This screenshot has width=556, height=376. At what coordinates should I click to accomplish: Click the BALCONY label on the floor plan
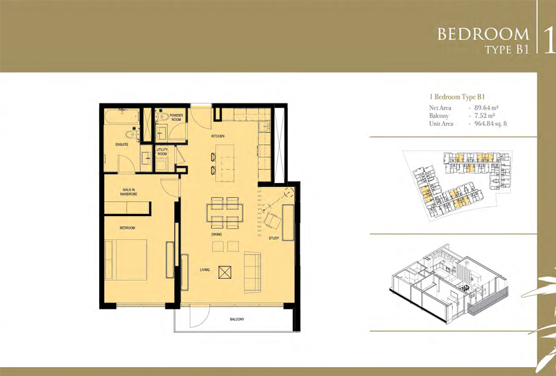coord(237,320)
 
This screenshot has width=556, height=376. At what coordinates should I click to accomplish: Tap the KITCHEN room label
coord(218,136)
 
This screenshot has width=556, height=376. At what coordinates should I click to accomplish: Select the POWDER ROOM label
coord(176,117)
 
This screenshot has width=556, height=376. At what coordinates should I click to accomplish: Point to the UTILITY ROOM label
coord(162,152)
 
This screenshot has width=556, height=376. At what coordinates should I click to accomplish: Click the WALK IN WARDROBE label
coord(130,192)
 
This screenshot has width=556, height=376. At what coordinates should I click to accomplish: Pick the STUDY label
coord(273,239)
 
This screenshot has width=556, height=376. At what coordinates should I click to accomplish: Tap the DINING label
coord(216,234)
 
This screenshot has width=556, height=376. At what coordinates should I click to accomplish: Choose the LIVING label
coord(205,270)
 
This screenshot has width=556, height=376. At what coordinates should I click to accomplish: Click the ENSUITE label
coord(122,145)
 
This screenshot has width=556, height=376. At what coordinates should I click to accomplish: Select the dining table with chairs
coord(224,212)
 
